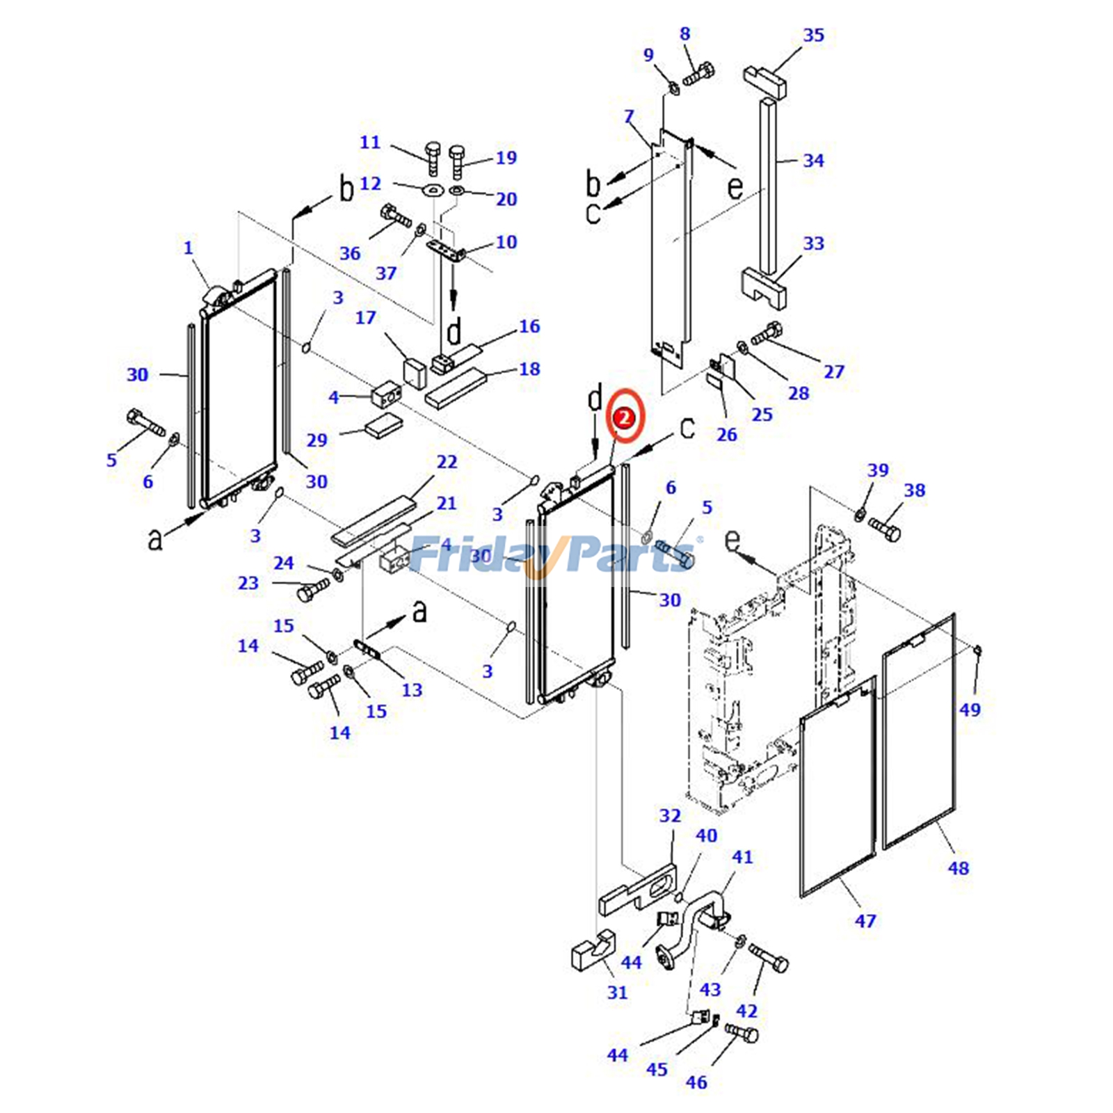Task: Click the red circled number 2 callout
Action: coord(625,417)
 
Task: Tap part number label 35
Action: coord(813,35)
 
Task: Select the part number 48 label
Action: coord(958,867)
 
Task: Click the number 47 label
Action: coord(865,921)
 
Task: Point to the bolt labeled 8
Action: coord(699,73)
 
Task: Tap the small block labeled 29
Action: coord(383,425)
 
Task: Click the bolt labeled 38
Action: coord(884,531)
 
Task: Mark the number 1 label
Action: coord(188,248)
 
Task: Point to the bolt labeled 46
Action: coord(742,1034)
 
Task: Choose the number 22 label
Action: coord(447,462)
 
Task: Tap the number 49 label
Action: coord(970,710)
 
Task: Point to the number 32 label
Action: coord(670,815)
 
